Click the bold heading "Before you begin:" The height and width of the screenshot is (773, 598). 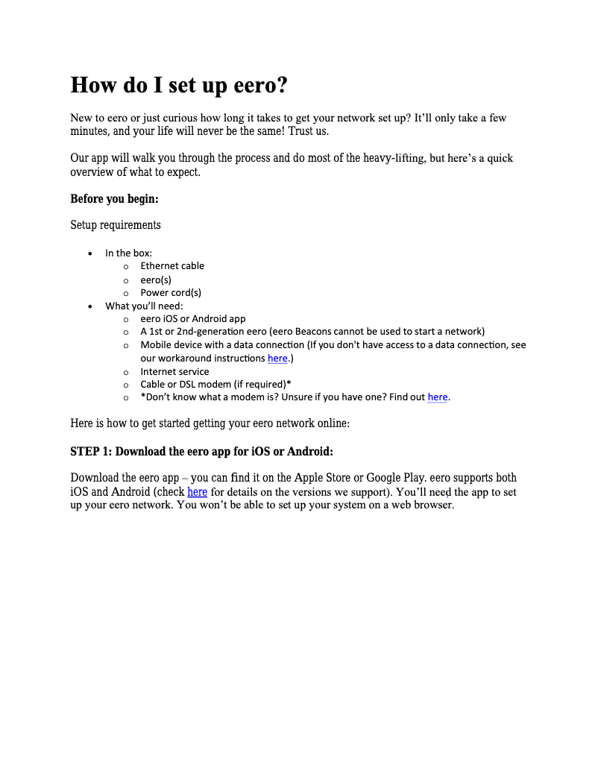[x=114, y=199]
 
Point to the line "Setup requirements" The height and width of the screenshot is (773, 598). [x=115, y=225]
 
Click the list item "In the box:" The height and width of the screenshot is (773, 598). [x=128, y=253]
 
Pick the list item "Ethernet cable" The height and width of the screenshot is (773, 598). [x=172, y=266]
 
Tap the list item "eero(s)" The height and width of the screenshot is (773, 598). [x=156, y=280]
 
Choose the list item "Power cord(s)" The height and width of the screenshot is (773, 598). [x=171, y=293]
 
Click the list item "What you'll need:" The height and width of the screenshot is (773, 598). [x=144, y=306]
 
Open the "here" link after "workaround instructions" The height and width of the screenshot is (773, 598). [x=277, y=359]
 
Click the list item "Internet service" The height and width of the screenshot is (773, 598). [x=174, y=371]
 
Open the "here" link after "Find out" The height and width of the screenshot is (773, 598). [x=438, y=397]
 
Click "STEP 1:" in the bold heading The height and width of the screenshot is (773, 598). [x=91, y=452]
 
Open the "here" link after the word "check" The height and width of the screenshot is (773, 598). [x=197, y=492]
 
